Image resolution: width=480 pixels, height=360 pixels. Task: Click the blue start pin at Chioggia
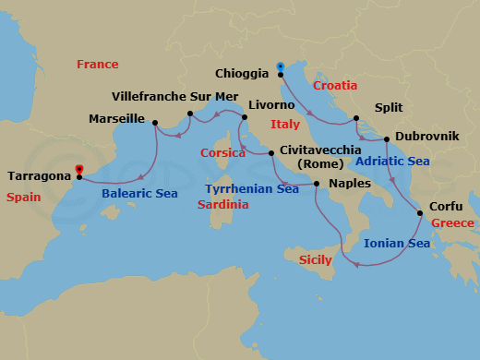tap(280, 66)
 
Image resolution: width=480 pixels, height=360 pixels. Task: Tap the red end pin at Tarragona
tap(79, 169)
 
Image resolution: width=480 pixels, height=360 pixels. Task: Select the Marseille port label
tap(117, 119)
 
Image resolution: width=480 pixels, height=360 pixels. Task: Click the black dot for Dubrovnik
tap(388, 139)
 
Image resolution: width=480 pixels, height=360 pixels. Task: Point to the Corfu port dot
tap(421, 214)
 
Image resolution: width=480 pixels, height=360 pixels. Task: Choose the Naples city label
tap(349, 184)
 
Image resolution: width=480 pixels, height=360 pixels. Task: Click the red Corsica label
tap(223, 153)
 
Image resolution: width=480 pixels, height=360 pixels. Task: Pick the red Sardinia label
tap(223, 205)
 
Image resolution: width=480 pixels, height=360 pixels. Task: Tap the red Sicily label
tap(315, 261)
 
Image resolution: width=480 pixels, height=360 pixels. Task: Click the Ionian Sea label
tap(397, 244)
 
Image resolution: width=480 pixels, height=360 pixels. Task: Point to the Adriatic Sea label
tap(392, 161)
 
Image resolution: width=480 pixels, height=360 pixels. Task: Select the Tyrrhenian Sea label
tap(252, 189)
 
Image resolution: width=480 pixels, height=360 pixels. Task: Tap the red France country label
tap(98, 65)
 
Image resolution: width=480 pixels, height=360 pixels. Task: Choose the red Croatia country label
tap(335, 86)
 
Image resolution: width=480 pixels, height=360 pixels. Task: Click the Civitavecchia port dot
tap(271, 153)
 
